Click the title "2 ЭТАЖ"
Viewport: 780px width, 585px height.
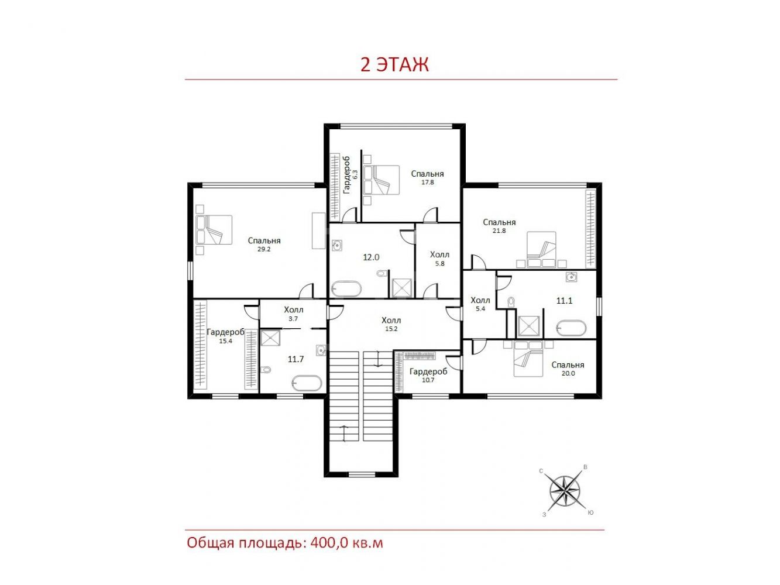(x=394, y=65)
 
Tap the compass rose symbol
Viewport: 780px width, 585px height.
(x=565, y=491)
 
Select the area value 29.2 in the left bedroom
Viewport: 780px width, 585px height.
(x=264, y=249)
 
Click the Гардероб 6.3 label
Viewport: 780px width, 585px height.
(x=351, y=175)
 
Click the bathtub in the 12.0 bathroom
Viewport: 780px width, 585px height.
(x=346, y=288)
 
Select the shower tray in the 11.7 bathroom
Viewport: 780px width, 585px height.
(x=270, y=337)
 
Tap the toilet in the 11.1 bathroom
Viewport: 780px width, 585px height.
(x=511, y=301)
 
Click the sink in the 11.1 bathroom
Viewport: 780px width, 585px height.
(x=571, y=277)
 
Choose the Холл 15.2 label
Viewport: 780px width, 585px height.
(x=391, y=324)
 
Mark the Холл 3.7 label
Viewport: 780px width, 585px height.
(x=294, y=314)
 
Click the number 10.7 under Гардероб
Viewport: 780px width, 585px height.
(x=428, y=380)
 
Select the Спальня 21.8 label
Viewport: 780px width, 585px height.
(x=499, y=226)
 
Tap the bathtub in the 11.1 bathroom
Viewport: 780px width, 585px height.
(x=571, y=328)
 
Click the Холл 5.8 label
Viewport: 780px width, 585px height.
(x=439, y=259)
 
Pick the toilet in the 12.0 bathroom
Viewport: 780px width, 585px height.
(x=382, y=274)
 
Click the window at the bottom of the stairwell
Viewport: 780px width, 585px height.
(x=362, y=474)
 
